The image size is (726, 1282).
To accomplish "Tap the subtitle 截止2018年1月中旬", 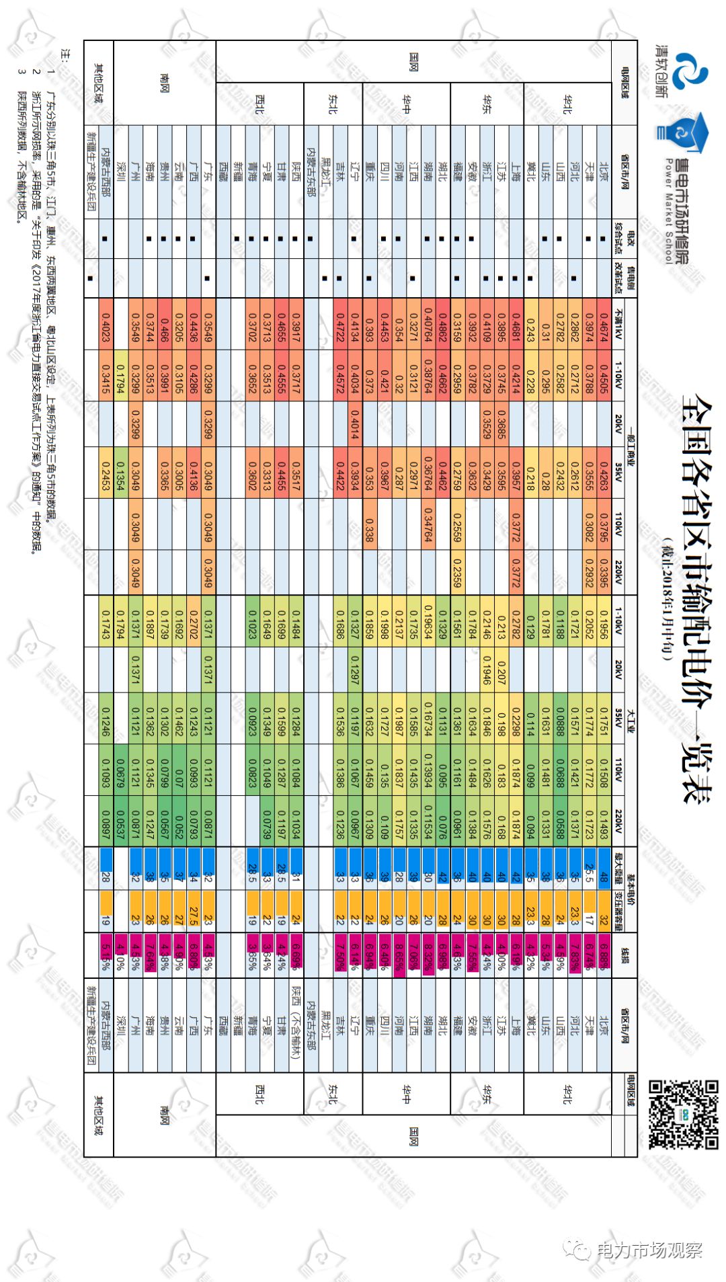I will pyautogui.click(x=666, y=598).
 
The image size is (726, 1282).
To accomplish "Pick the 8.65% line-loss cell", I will pyautogui.click(x=399, y=954).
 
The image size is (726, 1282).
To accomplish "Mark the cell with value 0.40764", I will pyautogui.click(x=428, y=323).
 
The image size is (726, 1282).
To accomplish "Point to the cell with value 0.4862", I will pyautogui.click(x=443, y=323).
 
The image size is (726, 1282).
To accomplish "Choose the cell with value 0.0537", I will pyautogui.click(x=120, y=821).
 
